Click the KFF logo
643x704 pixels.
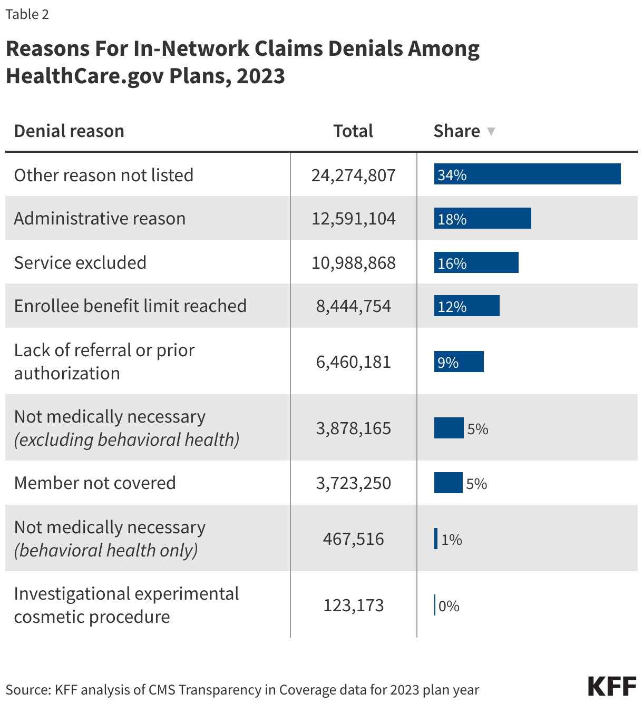[x=612, y=687]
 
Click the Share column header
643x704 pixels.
[x=456, y=131]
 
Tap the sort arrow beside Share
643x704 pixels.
[x=491, y=132]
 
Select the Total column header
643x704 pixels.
[x=353, y=131]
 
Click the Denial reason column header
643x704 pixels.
[x=69, y=131]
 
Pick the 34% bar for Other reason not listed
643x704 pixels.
[x=527, y=174]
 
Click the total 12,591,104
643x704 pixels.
[x=353, y=219]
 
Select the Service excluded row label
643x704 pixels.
[x=80, y=262]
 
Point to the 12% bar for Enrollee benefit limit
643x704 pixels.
[x=466, y=306]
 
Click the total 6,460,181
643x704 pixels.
[x=353, y=362]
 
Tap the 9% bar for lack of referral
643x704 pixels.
[x=459, y=362]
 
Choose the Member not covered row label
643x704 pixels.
[x=95, y=483]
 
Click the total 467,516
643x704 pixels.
[x=353, y=539]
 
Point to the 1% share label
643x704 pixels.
[x=452, y=540]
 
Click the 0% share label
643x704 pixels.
[x=449, y=606]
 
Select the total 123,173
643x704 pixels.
[x=353, y=605]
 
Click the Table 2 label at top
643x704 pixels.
[x=27, y=14]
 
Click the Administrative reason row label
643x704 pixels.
[x=100, y=219]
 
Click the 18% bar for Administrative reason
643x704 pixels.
[x=482, y=219]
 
